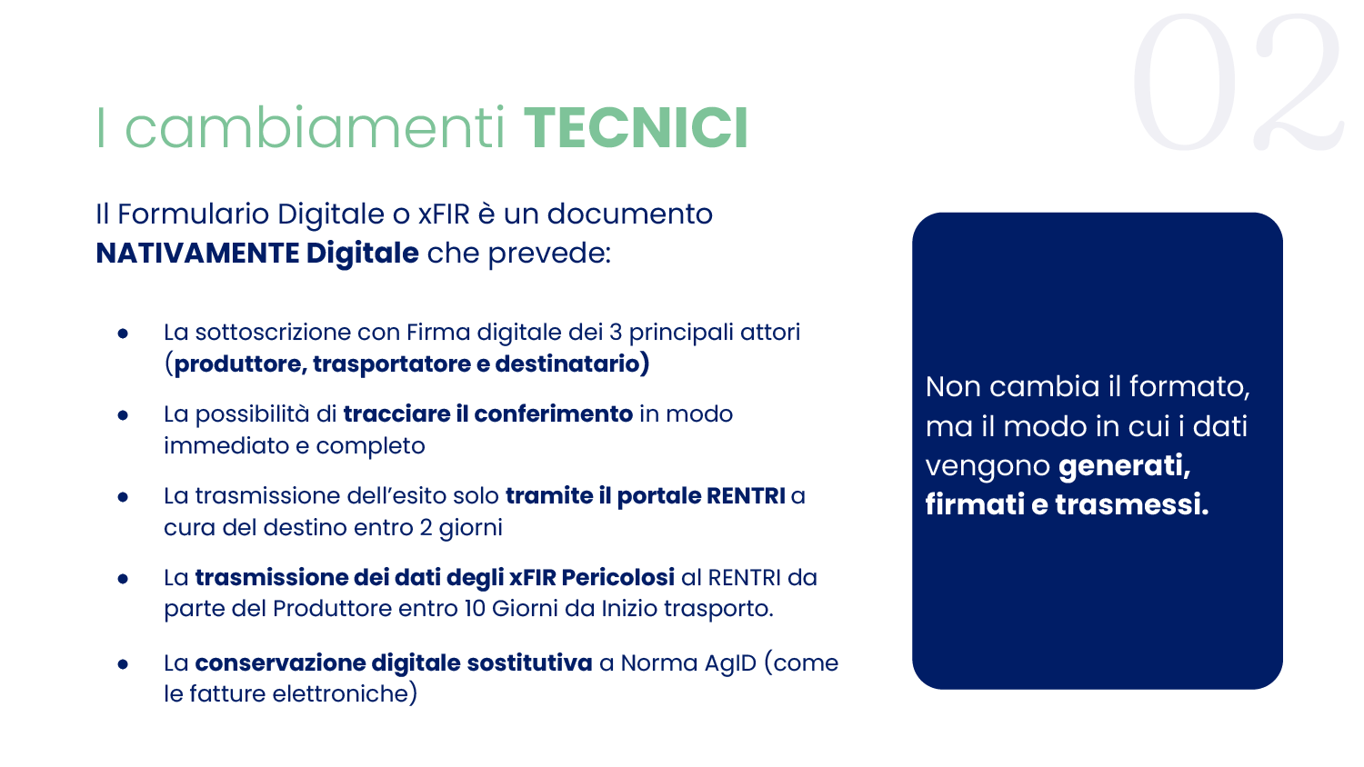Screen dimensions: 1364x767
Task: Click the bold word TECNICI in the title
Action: point(636,128)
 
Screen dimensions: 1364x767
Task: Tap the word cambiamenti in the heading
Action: point(315,128)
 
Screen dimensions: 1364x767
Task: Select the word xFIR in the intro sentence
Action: point(444,214)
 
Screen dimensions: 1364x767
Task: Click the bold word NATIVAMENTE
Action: point(197,254)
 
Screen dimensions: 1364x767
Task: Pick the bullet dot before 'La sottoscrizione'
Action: point(123,334)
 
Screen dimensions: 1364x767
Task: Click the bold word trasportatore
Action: point(392,364)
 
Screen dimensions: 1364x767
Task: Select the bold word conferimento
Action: point(554,413)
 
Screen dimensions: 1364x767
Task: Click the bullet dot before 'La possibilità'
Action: point(123,416)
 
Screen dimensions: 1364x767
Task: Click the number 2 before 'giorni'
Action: point(426,528)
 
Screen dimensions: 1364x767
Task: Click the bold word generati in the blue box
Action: point(1124,466)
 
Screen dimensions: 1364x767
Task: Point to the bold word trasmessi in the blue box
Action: point(1132,505)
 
